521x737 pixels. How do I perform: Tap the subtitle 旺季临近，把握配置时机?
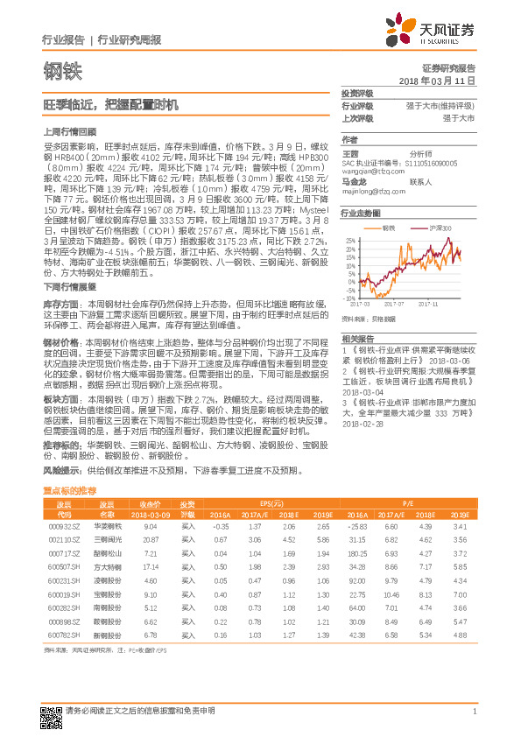pos(98,104)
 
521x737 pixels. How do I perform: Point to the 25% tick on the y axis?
pos(349,238)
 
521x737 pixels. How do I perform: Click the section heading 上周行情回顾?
pos(65,131)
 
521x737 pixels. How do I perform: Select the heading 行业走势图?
pos(361,213)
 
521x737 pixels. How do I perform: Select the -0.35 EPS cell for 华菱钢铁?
pos(222,527)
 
